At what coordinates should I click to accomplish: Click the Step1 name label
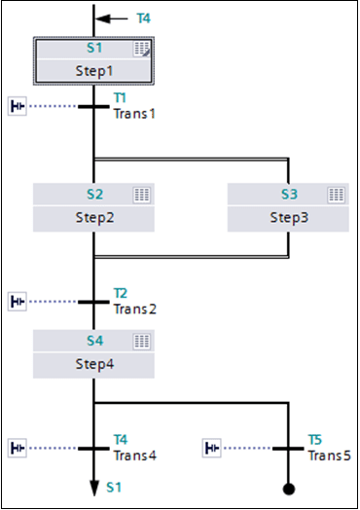pos(94,71)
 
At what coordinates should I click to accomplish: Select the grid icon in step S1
pos(142,49)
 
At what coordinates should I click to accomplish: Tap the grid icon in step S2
pos(142,195)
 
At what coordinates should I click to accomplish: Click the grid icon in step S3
pos(337,195)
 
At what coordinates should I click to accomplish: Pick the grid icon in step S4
pos(142,342)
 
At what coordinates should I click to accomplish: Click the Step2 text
pos(94,218)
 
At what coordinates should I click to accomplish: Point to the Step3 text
pos(289,218)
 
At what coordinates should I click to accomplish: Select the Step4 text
pos(94,364)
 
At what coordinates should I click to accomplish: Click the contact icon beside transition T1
pos(18,106)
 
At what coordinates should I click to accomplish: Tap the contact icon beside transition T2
pos(18,302)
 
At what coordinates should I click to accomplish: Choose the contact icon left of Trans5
pos(212,448)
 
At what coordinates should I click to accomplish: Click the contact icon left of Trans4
pos(18,448)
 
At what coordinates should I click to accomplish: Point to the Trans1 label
pos(134,114)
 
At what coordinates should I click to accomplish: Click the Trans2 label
pos(134,309)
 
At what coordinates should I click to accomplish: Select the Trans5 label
pos(329,455)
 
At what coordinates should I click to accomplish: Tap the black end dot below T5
pos(289,489)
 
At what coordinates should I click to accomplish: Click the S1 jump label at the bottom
pos(114,488)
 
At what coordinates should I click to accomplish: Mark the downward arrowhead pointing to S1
pos(94,488)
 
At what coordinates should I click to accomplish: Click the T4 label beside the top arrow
pos(143,18)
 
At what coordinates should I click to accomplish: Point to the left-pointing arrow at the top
pos(111,18)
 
